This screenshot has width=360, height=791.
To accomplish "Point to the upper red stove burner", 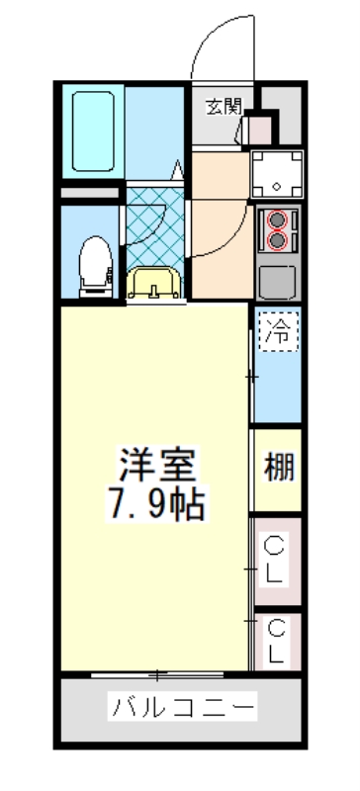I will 278,220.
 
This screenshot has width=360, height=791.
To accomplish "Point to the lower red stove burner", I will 278,240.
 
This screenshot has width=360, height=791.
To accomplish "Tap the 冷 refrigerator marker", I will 278,333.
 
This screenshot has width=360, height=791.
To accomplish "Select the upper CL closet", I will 276,558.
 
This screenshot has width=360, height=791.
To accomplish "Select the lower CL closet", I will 276,640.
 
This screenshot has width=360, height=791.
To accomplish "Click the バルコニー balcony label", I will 183,708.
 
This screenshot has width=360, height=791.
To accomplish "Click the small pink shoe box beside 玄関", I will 259,129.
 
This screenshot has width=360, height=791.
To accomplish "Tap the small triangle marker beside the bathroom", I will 177,169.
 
